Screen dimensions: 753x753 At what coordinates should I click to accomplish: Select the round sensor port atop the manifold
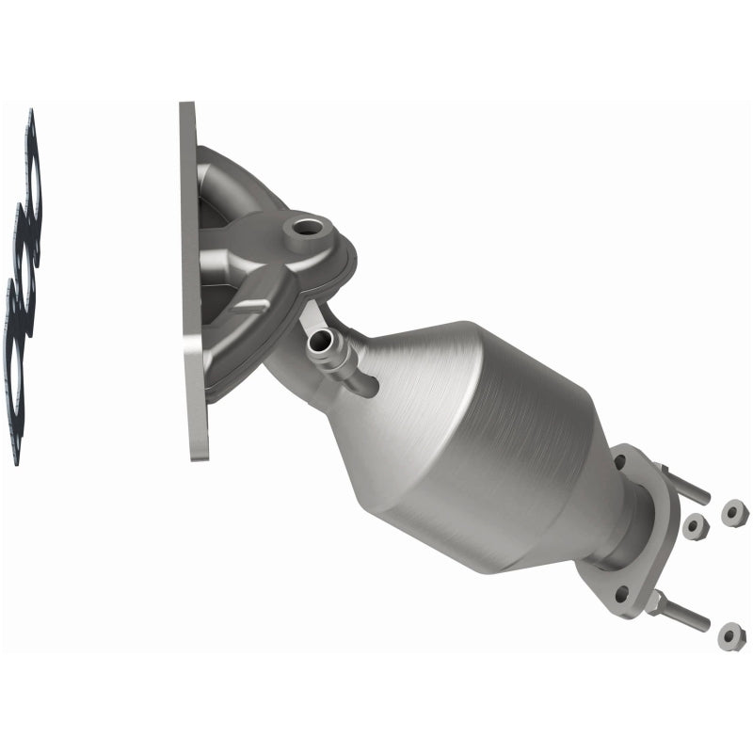click(x=307, y=227)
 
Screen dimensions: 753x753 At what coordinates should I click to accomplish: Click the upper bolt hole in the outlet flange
click(x=620, y=461)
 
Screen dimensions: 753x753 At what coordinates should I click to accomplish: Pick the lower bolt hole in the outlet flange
click(x=621, y=593)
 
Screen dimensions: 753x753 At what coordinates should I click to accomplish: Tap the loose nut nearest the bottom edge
click(x=731, y=637)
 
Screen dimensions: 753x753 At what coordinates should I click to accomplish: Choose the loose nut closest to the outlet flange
click(x=696, y=527)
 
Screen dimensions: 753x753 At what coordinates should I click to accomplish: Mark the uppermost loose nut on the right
click(x=734, y=513)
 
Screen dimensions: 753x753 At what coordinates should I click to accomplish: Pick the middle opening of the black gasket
click(x=25, y=273)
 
